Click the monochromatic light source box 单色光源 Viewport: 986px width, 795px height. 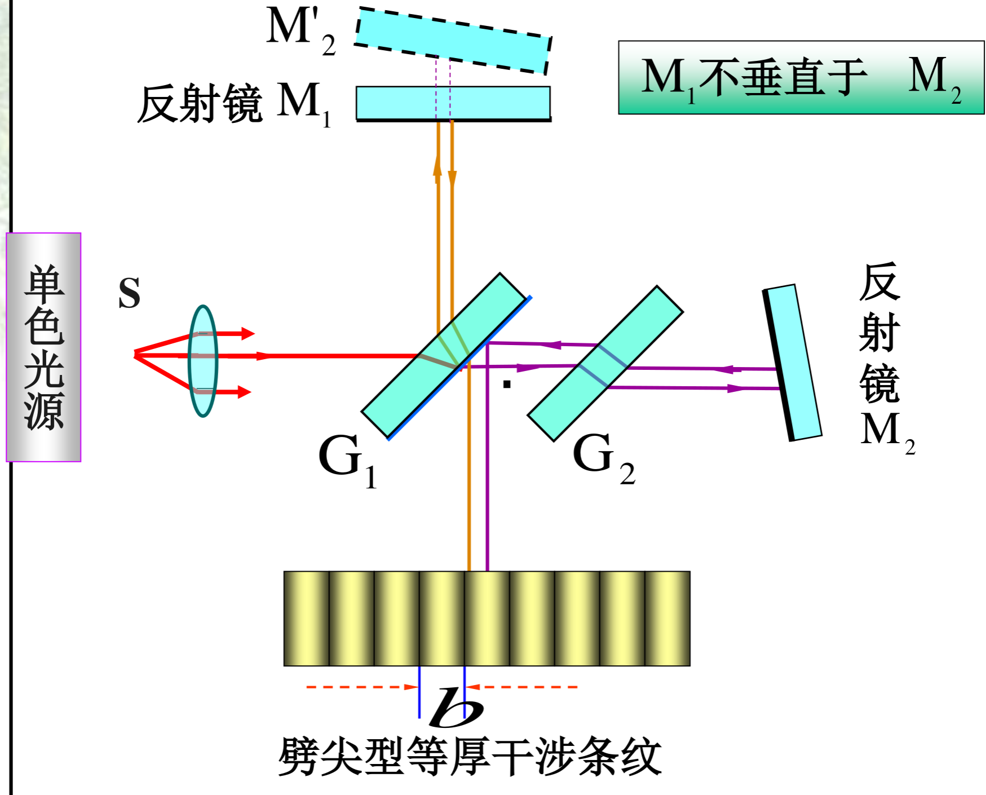coord(43,347)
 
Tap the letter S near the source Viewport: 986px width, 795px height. coord(129,293)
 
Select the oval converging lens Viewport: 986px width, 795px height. coord(202,361)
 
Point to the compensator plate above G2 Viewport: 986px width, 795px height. coord(605,363)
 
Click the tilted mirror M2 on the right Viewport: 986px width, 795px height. coord(792,363)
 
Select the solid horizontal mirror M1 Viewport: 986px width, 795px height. coord(453,103)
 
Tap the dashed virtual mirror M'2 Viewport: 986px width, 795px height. coord(453,40)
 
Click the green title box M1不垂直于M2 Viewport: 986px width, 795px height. coord(801,77)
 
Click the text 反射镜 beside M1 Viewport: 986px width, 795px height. coord(200,104)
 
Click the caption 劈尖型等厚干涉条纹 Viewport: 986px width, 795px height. coord(470,757)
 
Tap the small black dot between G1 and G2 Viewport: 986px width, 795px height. coord(507,385)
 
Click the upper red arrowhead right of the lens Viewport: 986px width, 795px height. coord(247,333)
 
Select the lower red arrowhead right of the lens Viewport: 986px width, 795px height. coord(244,392)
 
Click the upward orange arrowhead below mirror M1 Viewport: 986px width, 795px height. coord(437,167)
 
